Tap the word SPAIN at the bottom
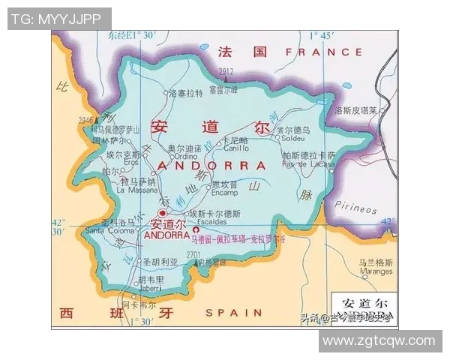[x=234, y=312]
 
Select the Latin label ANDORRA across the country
[x=214, y=166]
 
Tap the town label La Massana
[x=136, y=190]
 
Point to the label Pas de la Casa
[x=309, y=164]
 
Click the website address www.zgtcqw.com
[x=379, y=340]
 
